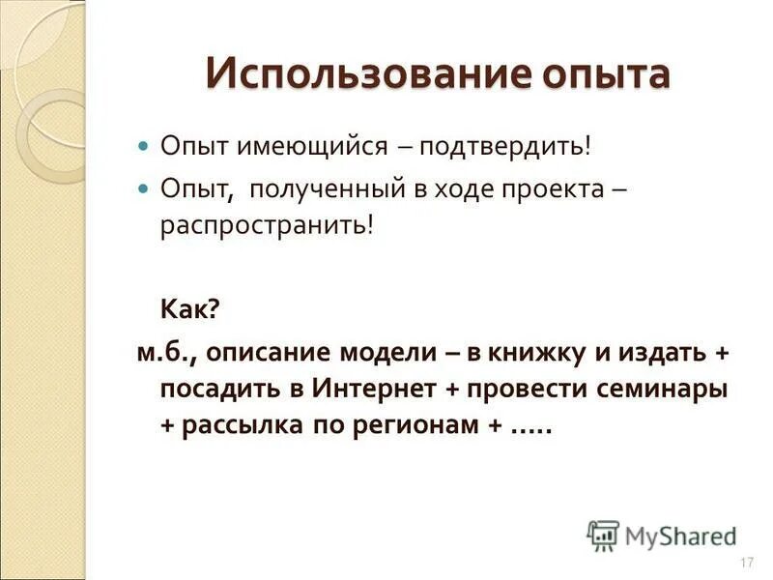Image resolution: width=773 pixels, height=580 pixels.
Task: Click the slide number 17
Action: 745,564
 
